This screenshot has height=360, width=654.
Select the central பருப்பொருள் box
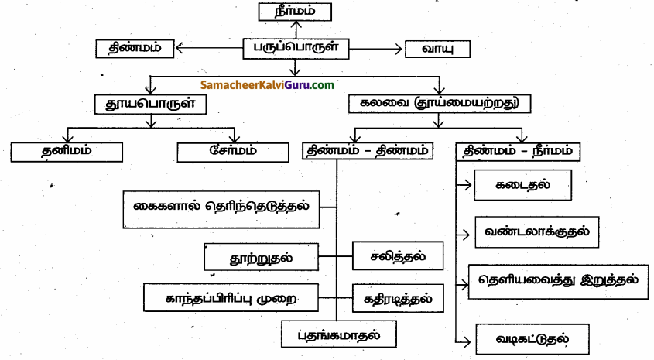click(295, 48)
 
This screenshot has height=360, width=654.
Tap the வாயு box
click(438, 49)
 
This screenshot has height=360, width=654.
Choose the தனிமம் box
click(68, 150)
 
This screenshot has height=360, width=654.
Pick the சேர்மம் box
click(232, 151)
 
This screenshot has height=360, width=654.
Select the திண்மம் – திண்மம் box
click(368, 151)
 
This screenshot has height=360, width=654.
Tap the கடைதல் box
click(523, 186)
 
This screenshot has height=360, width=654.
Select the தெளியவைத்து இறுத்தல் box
click(558, 280)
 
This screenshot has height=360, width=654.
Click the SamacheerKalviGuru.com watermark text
click(267, 84)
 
